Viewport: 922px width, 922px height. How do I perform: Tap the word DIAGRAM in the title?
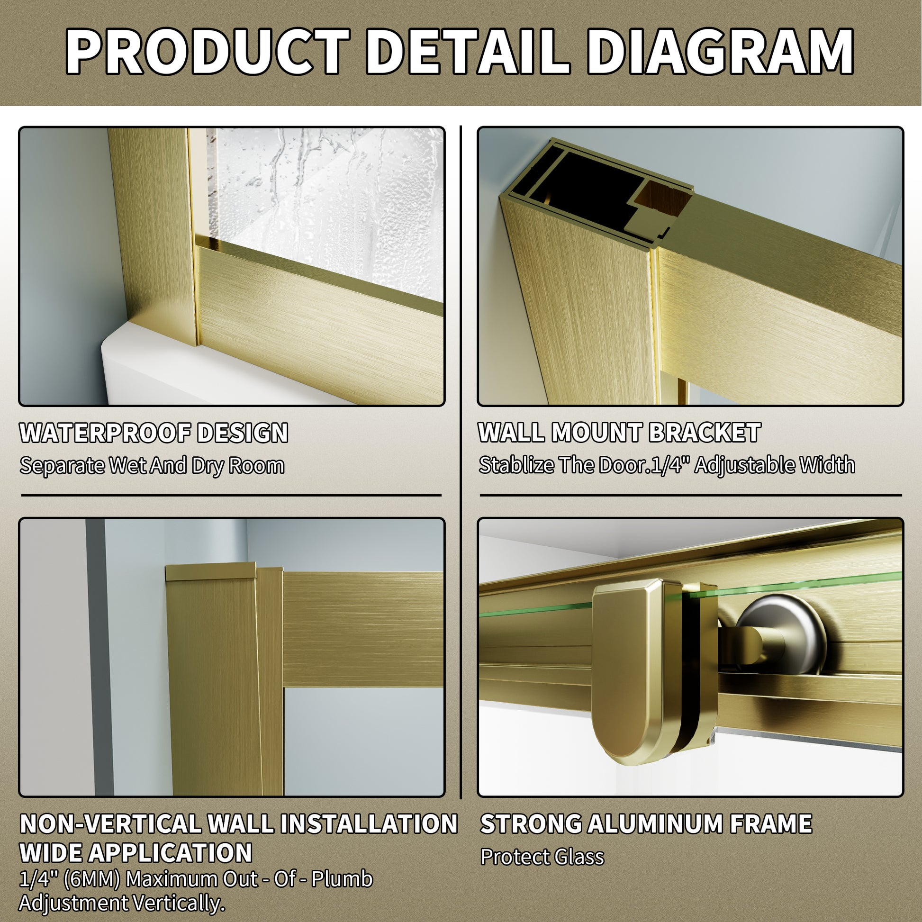(721, 51)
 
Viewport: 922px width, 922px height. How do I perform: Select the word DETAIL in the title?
(468, 51)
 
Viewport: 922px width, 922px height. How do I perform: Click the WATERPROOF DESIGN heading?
(154, 433)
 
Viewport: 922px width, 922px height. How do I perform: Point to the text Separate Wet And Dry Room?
(152, 465)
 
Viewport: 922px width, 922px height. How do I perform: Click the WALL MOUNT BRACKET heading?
(619, 433)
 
